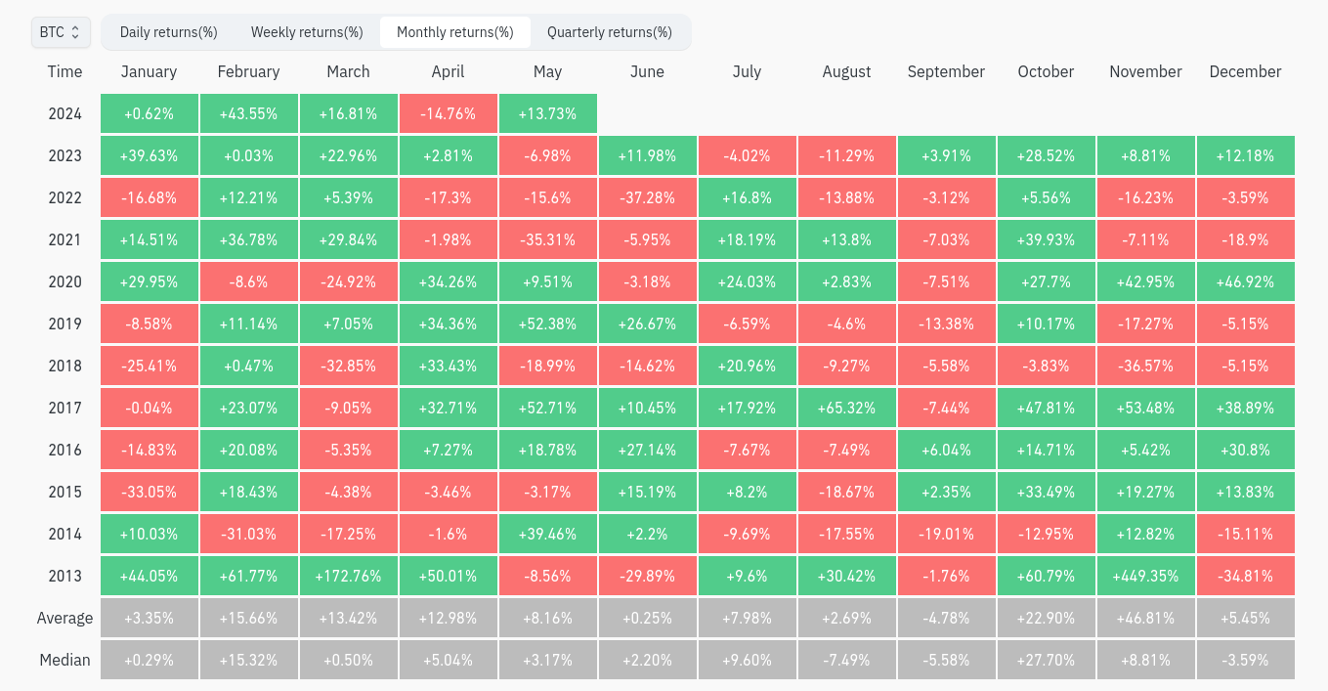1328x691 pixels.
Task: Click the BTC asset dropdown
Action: (x=61, y=32)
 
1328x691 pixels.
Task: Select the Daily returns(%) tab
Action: (x=168, y=32)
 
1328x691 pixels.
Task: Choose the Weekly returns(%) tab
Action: (x=307, y=32)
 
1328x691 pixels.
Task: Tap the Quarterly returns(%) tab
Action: (x=610, y=32)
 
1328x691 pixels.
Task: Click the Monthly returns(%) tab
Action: (x=455, y=32)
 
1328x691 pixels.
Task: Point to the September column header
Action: (x=946, y=71)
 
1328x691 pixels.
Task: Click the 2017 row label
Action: (x=65, y=409)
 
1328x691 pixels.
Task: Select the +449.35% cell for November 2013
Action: (x=1146, y=576)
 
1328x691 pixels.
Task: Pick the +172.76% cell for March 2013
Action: (x=349, y=576)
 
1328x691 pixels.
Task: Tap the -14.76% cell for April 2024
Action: (x=449, y=114)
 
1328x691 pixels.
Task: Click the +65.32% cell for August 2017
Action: (x=846, y=409)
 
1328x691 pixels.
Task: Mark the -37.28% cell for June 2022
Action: (x=648, y=198)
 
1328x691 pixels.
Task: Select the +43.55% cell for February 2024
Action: (x=249, y=114)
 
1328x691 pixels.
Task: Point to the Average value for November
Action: (x=1146, y=618)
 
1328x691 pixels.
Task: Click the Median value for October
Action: (x=1047, y=660)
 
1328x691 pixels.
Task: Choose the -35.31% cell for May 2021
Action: (x=548, y=240)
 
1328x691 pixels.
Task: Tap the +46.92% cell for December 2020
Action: (x=1246, y=281)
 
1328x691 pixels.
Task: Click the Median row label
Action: (x=65, y=660)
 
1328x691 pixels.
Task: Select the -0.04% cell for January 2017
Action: (x=150, y=409)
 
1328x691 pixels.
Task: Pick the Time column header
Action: (x=65, y=71)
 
